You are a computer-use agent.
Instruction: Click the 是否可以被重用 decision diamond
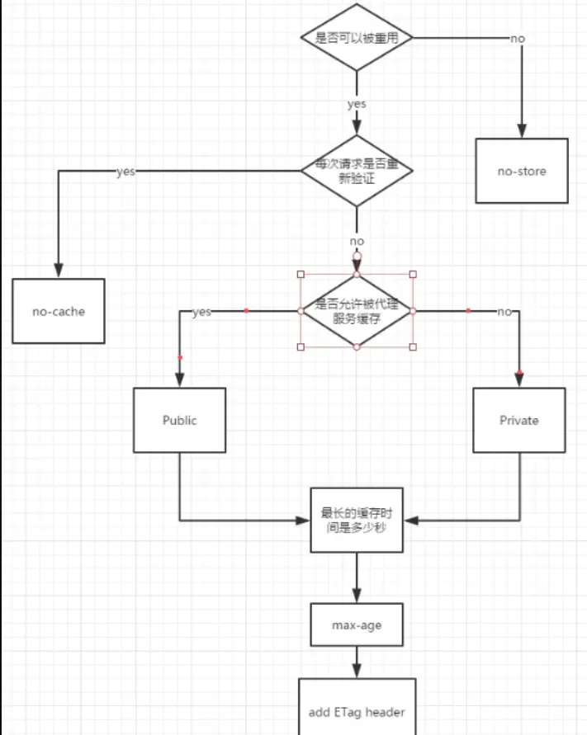click(357, 38)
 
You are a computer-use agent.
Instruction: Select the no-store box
click(522, 171)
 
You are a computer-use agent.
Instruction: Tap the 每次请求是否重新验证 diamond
click(357, 171)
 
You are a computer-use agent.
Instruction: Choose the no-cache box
click(59, 311)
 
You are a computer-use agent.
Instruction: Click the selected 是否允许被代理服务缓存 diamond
click(357, 311)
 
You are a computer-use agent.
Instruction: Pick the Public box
click(180, 420)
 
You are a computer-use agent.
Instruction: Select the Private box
click(519, 420)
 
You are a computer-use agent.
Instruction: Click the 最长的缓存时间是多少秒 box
click(357, 520)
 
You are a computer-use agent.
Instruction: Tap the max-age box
click(357, 624)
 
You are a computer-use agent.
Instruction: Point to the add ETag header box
click(357, 706)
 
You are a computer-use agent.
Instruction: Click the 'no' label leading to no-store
click(518, 38)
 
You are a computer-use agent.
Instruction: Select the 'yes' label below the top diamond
click(357, 104)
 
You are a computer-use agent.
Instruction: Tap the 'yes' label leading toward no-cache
click(125, 172)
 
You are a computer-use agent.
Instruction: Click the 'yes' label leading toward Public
click(201, 312)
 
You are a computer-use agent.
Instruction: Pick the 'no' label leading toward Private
click(504, 312)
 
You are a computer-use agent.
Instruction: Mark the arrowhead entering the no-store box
click(522, 131)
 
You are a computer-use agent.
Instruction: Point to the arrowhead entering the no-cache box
click(59, 271)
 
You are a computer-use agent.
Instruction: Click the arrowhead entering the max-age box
click(357, 596)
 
